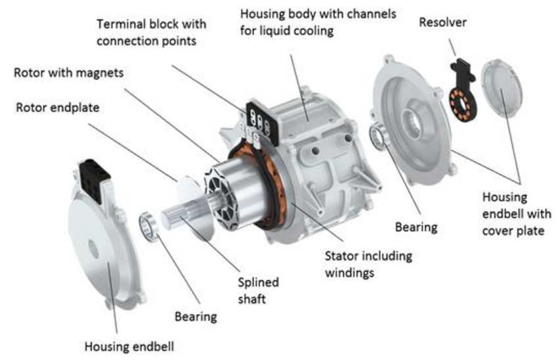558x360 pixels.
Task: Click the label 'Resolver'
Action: (x=442, y=22)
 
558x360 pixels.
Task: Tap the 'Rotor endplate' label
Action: (x=58, y=108)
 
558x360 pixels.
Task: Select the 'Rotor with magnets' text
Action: (x=69, y=73)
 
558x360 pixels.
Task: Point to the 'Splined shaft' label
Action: (x=259, y=290)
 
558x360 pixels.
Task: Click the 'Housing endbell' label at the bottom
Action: (x=129, y=346)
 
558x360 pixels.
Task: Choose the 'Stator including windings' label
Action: (x=369, y=264)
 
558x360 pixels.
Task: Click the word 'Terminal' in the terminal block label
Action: (x=121, y=24)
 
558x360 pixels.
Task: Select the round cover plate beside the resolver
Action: (x=502, y=87)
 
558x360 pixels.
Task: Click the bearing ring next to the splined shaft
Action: (x=149, y=227)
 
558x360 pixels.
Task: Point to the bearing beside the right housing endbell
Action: (x=378, y=137)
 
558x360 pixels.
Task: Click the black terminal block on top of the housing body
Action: (x=263, y=120)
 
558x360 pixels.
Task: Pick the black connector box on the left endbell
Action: (x=95, y=180)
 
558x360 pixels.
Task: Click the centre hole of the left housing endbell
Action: (x=94, y=249)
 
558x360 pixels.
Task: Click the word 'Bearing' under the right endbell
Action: (x=416, y=227)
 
